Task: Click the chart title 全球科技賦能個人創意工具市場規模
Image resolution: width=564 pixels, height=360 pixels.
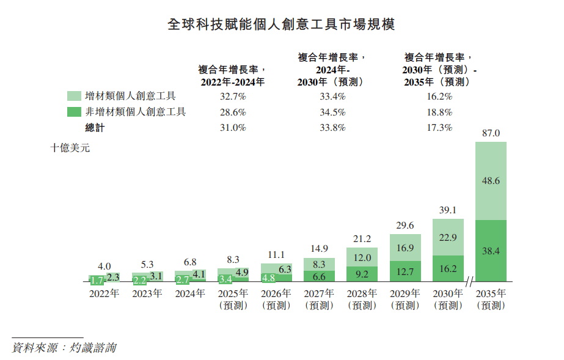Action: pyautogui.click(x=282, y=24)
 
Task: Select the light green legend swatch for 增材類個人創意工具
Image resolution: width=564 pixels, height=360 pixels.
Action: pyautogui.click(x=74, y=96)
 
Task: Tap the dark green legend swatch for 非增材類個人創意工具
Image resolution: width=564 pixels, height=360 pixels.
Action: pyautogui.click(x=74, y=112)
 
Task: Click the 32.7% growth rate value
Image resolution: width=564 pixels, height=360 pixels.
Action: pyautogui.click(x=232, y=96)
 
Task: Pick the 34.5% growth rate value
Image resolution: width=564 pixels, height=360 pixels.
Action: pyautogui.click(x=332, y=112)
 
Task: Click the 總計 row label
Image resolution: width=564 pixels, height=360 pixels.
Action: pyautogui.click(x=95, y=128)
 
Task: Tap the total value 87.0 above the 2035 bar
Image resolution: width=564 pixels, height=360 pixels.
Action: pyautogui.click(x=491, y=133)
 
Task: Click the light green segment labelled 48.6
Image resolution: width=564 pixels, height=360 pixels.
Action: pyautogui.click(x=491, y=181)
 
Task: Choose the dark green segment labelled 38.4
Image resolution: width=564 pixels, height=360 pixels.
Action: pyautogui.click(x=491, y=250)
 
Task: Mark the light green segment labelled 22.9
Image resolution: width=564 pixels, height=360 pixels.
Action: pyautogui.click(x=449, y=237)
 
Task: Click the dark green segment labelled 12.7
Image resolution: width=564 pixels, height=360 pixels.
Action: pyautogui.click(x=406, y=270)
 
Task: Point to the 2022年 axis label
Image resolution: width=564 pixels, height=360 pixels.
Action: pyautogui.click(x=104, y=293)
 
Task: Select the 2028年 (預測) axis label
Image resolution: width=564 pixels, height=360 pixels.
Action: pyautogui.click(x=362, y=299)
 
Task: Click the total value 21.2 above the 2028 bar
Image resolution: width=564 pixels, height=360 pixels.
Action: pyautogui.click(x=362, y=238)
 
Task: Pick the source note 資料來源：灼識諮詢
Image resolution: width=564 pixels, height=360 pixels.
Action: pyautogui.click(x=64, y=348)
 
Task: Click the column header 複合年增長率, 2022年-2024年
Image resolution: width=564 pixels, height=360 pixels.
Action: pyautogui.click(x=232, y=75)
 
